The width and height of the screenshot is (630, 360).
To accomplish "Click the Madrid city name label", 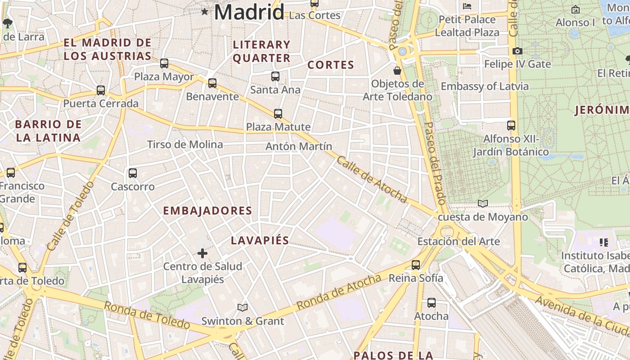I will [x=249, y=12].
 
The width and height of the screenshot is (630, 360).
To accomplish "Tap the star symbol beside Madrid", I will [x=205, y=11].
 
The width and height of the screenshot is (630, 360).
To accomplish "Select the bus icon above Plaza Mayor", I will [x=164, y=63].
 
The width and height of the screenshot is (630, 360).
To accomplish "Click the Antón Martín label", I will [x=299, y=146].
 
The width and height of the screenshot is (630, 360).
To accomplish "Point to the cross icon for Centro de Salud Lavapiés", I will [x=202, y=253].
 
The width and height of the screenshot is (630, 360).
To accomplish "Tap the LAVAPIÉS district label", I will [x=260, y=240].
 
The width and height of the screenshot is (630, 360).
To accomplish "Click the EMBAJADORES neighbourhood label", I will [x=207, y=211].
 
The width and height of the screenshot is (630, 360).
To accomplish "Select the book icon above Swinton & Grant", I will [x=243, y=307].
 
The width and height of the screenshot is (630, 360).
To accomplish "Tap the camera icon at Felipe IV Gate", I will [x=517, y=51].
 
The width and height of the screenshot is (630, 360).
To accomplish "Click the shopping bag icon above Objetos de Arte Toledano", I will [x=397, y=71].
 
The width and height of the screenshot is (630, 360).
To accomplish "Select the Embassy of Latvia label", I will [x=485, y=86].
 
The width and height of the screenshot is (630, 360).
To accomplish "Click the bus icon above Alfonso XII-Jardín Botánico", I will [x=511, y=126].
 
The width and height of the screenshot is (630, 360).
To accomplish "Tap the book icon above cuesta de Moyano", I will [x=483, y=204].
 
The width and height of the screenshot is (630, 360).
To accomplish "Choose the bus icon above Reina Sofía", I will [x=416, y=265].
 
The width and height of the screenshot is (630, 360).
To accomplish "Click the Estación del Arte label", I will [x=459, y=242].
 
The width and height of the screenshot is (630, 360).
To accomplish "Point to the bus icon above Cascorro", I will [x=133, y=173].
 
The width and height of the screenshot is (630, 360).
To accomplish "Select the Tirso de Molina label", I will [x=185, y=144].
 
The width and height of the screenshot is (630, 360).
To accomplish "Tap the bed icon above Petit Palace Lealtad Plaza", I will [x=467, y=6].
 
